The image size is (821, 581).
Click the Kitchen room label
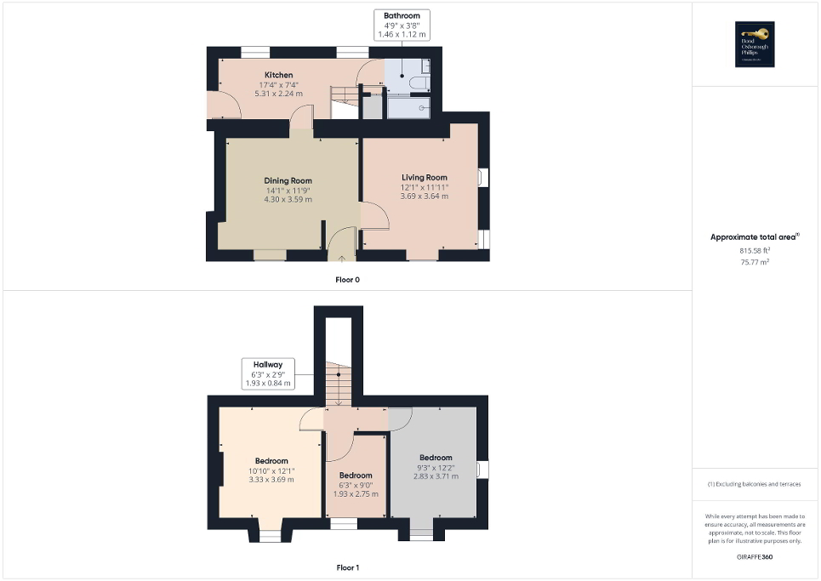pos(279,75)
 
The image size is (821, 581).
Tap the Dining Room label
pos(288,180)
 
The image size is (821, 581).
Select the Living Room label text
pos(425,178)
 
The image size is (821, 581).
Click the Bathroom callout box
pos(402,25)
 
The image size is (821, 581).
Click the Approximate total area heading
pos(755,237)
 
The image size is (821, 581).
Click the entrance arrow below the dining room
pos(342,255)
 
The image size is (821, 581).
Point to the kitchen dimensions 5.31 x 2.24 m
pos(279,94)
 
